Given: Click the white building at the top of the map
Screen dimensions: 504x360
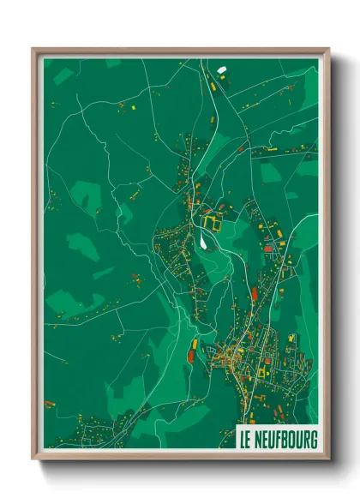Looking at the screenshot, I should tap(221, 69).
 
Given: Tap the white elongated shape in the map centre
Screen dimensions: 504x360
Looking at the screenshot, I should tap(202, 243).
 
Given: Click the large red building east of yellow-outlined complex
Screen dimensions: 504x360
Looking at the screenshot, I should tap(267, 248).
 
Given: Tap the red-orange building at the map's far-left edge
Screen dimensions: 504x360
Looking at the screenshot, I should tap(49, 403).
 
